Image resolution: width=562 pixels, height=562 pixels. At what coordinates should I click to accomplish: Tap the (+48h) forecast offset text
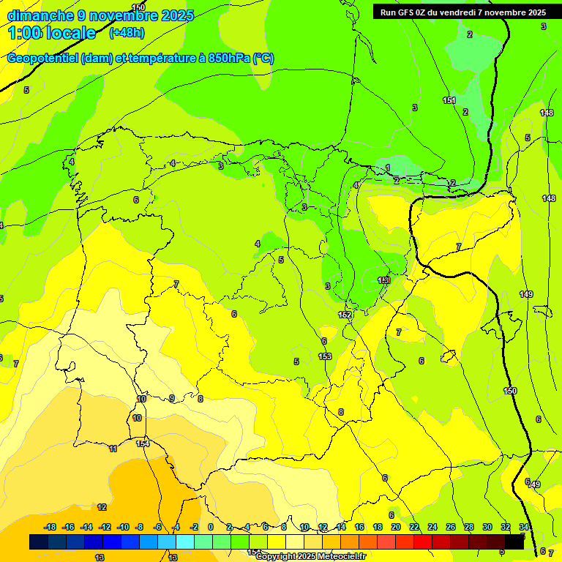127,32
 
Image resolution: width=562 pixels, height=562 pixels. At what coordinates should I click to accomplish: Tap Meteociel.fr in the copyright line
339,557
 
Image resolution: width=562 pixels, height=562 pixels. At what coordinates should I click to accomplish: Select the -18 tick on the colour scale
50,527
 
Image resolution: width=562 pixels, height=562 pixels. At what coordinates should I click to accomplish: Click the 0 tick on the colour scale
210,527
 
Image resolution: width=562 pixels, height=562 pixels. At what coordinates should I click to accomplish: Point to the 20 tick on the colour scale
395,527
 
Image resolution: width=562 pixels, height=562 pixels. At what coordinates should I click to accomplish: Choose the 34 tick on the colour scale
523,527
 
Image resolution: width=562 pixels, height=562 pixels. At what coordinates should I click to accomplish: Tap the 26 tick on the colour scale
450,527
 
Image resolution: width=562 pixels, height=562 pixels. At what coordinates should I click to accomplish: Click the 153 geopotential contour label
325,356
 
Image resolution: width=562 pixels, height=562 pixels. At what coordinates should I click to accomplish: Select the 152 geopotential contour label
345,315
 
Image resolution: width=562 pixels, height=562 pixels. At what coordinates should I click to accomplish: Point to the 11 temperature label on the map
113,449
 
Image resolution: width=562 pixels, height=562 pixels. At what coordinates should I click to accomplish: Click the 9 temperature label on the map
172,399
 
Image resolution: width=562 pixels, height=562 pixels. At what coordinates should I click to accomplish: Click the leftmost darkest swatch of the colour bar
39,542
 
